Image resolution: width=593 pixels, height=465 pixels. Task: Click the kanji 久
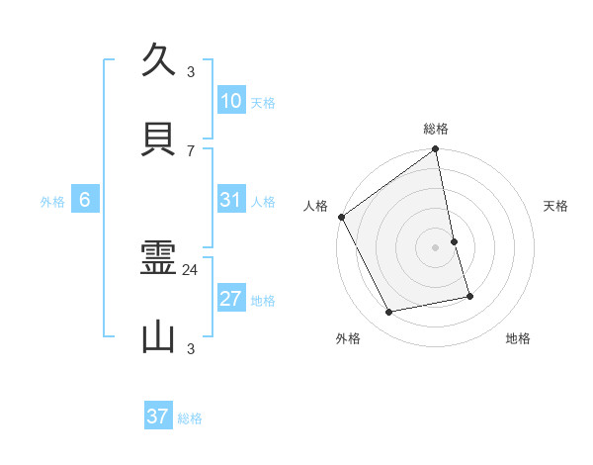[x=159, y=60]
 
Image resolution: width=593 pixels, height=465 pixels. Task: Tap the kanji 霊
[x=159, y=260]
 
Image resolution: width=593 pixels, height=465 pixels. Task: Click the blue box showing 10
[x=231, y=101]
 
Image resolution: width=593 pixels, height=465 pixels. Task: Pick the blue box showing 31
[x=231, y=200]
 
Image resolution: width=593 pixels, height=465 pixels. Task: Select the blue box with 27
[x=231, y=299]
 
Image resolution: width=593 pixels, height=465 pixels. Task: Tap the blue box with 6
[x=85, y=200]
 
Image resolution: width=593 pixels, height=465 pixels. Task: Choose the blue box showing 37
[x=158, y=417]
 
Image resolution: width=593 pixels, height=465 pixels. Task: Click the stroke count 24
[x=191, y=269]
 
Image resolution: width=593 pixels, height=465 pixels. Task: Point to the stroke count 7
[x=191, y=150]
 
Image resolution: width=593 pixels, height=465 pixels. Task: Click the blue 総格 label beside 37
[x=190, y=418]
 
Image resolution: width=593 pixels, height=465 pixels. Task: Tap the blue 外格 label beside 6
[x=52, y=202]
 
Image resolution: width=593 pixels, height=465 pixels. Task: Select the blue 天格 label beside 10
[x=263, y=103]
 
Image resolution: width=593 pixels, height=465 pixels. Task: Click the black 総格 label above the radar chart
[x=436, y=129]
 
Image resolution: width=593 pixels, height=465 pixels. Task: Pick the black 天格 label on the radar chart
[x=556, y=206]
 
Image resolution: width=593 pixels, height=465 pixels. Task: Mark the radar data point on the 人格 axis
[x=341, y=217]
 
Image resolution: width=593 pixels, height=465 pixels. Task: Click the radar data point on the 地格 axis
[x=469, y=296]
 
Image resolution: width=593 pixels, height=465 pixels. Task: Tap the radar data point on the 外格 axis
[x=389, y=313]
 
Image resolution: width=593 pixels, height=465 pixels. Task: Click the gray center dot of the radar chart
[x=436, y=247]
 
